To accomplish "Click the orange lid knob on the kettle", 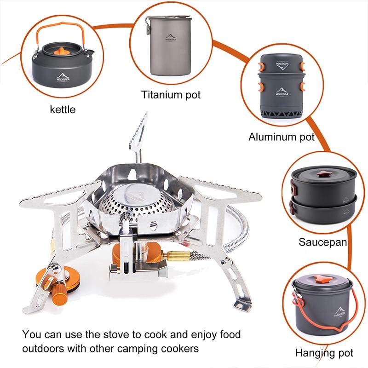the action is pos(61,51).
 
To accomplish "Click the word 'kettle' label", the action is pos(63,109).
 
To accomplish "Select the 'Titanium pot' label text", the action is pos(171,95).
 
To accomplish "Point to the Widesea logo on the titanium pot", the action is pos(170,38).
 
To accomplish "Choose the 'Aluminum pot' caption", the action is pos(282,137).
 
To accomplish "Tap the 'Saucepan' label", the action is pos(323,242).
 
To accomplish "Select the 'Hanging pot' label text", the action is pos(324,353).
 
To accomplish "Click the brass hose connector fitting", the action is pos(178,256).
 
